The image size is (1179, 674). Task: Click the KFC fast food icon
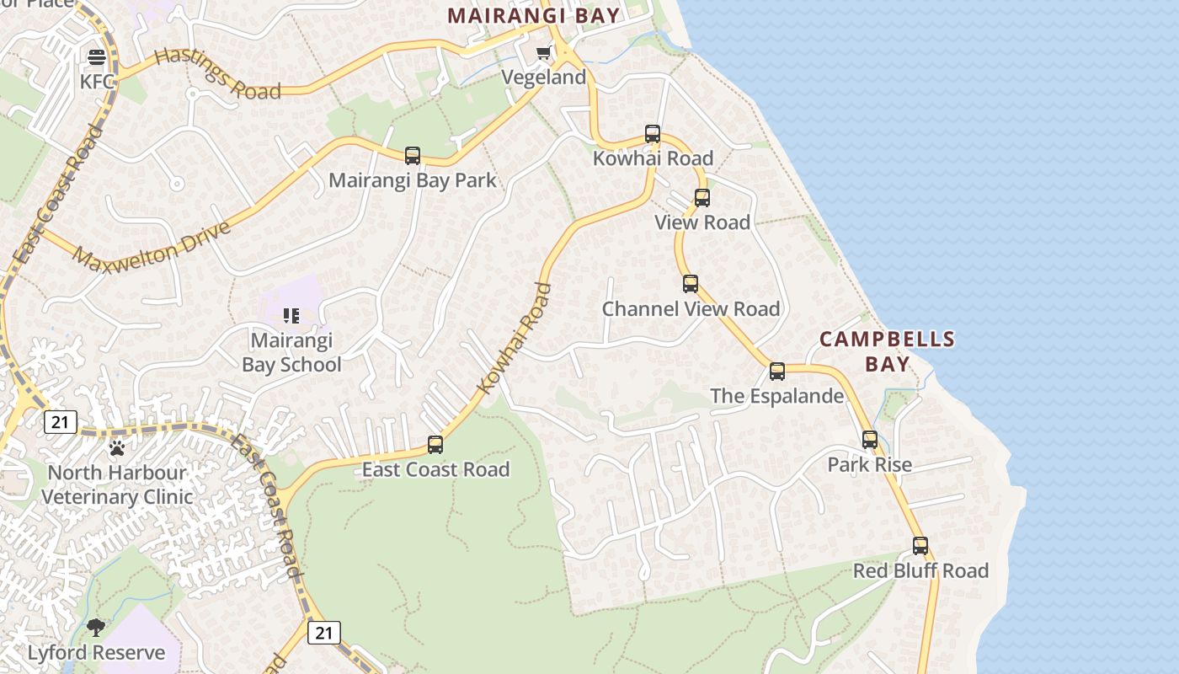pos(97,57)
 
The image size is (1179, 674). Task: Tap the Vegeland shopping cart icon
pos(544,54)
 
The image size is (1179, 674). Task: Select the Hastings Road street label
pos(218,73)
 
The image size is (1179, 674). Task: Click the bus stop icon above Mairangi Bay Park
pos(413,156)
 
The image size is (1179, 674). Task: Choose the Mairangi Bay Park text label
pos(412,180)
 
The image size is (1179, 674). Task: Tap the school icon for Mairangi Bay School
pos(291,316)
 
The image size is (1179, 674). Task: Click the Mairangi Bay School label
pos(291,353)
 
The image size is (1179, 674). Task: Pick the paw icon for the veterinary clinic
pos(117,448)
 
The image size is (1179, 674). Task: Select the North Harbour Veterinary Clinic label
pos(118,484)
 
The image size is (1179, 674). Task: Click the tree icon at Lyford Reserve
pos(96,628)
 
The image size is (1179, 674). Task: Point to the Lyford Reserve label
pos(96,653)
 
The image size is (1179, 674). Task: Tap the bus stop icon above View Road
pos(702,198)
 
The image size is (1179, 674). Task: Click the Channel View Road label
pos(691,309)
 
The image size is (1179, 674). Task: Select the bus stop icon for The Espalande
pos(777,372)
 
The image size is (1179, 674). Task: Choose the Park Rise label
pos(869,465)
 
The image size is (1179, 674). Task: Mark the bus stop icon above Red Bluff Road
pos(920,546)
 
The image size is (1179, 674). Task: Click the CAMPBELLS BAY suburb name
pos(887,351)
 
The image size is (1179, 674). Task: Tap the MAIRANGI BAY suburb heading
pos(533,15)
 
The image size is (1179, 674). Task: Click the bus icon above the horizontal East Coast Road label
pos(435,445)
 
